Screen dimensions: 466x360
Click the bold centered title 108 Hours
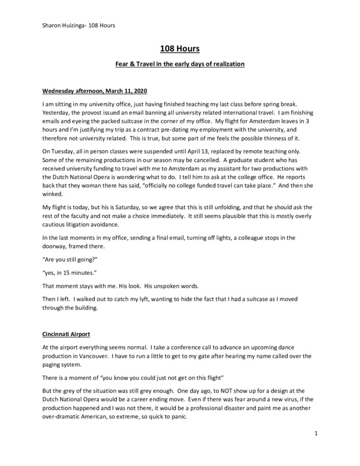(x=179, y=51)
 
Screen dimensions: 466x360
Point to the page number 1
(x=315, y=450)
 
